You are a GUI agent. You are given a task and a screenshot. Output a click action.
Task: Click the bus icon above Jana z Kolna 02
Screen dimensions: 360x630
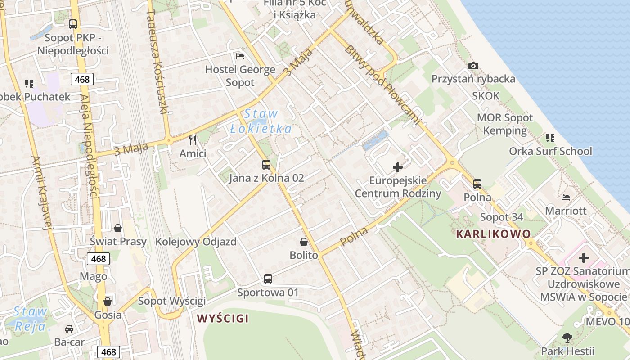[266, 165]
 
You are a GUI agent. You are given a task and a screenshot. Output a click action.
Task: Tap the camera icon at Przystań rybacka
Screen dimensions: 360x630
[473, 66]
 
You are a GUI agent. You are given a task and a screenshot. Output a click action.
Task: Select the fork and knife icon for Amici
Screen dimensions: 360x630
[193, 140]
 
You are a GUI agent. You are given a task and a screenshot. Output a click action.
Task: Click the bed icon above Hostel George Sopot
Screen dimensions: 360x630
[240, 56]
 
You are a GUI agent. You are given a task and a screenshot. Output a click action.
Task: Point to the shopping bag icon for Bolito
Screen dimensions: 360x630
[304, 242]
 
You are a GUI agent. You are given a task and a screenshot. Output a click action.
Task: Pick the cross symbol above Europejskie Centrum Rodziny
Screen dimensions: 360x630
[398, 167]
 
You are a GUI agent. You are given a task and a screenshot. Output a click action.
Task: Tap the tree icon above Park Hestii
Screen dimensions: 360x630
[567, 337]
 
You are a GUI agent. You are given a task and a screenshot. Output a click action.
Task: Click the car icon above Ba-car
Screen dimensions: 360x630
[69, 329]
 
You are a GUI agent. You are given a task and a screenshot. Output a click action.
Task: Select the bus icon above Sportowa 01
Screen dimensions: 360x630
[268, 279]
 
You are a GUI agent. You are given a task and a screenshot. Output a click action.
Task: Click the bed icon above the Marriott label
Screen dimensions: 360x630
[566, 197]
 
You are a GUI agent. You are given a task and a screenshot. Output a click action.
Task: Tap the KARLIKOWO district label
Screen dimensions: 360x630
[493, 234]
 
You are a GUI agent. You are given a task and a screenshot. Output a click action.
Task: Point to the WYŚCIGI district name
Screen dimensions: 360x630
[223, 319]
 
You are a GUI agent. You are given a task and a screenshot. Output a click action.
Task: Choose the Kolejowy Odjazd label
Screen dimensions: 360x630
[196, 242]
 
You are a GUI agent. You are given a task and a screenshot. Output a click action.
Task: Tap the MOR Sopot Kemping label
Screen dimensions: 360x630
[504, 124]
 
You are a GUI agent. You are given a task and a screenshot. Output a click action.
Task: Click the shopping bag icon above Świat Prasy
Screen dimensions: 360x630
[117, 228]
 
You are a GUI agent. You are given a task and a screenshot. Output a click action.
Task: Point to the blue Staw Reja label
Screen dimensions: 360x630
[30, 318]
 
